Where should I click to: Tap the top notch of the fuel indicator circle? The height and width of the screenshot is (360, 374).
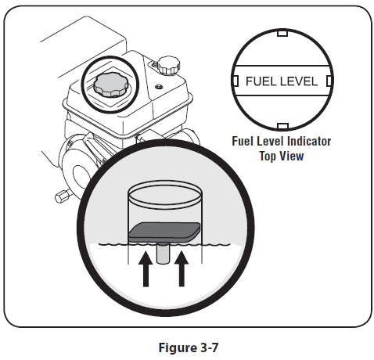pos(282,34)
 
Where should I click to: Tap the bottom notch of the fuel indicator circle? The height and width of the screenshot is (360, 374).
pos(282,126)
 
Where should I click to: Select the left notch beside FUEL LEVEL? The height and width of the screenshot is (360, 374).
pos(236,81)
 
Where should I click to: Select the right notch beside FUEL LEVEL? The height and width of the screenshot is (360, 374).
pos(329,81)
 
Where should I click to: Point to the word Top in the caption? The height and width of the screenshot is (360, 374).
pos(268,156)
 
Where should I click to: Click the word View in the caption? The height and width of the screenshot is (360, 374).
pos(292,156)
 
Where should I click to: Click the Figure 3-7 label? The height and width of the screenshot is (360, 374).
pos(189,348)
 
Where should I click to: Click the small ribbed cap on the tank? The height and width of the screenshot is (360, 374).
pos(169,65)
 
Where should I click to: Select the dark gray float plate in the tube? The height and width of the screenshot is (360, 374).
pos(164,232)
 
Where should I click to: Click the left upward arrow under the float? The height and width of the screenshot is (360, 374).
pos(146,268)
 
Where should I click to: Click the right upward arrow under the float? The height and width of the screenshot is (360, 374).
pos(182,268)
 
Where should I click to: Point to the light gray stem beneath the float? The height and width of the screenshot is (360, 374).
pos(163,253)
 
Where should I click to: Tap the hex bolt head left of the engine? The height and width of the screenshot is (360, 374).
pos(62,196)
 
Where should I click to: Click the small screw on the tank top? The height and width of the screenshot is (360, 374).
pos(158,86)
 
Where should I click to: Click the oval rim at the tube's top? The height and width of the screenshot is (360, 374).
pos(165,193)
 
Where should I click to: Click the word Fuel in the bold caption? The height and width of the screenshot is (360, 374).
pos(243,141)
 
